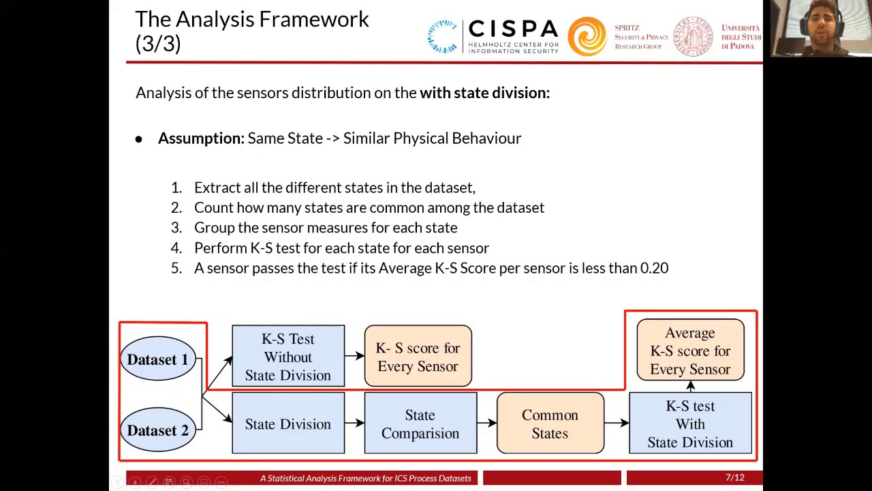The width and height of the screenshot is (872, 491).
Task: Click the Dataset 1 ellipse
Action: click(157, 359)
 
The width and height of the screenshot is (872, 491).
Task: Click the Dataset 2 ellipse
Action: click(157, 430)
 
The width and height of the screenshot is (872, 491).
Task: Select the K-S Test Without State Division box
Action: click(287, 357)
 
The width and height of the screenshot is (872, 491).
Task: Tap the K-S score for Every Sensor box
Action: click(418, 357)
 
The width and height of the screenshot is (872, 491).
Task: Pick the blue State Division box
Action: click(287, 424)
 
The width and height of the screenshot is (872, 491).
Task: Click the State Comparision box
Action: click(420, 424)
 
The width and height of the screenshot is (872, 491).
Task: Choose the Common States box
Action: click(550, 424)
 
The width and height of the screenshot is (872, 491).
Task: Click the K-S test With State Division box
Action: click(690, 424)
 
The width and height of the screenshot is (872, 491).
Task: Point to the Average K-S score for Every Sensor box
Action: click(690, 351)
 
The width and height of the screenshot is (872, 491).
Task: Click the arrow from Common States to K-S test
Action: click(616, 423)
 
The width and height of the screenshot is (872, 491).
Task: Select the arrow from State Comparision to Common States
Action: click(486, 423)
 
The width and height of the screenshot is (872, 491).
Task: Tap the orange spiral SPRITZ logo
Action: click(587, 35)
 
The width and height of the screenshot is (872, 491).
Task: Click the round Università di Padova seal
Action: click(693, 36)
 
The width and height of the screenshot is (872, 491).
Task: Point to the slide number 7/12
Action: click(734, 478)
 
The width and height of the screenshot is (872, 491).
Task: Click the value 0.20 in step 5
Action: click(654, 268)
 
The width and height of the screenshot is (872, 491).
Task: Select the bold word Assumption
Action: click(200, 138)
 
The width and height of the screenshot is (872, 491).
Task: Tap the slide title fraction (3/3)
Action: click(158, 44)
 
